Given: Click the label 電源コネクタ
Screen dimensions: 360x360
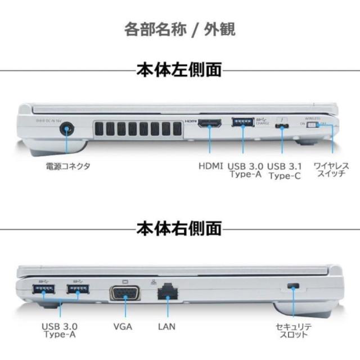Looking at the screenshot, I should pos(68,166).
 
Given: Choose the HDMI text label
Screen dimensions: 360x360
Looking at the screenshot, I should pos(210,166).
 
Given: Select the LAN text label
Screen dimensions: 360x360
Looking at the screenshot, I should pos(166,326).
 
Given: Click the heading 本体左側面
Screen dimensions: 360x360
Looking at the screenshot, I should pos(179,70).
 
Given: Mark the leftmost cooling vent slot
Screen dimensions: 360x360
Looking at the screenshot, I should pos(99,129).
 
